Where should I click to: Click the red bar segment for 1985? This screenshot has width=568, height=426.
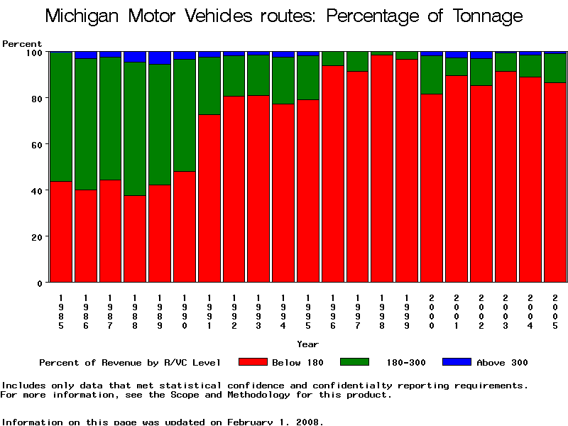(x=61, y=231)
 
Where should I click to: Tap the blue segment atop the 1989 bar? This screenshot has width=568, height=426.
(x=160, y=58)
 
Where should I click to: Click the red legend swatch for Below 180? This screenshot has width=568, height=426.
(x=253, y=362)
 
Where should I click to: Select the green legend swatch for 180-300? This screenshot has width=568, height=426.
(x=354, y=362)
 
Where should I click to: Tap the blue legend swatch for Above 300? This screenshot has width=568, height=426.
(x=457, y=362)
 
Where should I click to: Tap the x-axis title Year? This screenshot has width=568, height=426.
(x=307, y=344)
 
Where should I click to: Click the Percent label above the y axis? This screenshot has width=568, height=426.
(x=22, y=44)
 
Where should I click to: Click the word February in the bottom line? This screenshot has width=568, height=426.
(x=251, y=422)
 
